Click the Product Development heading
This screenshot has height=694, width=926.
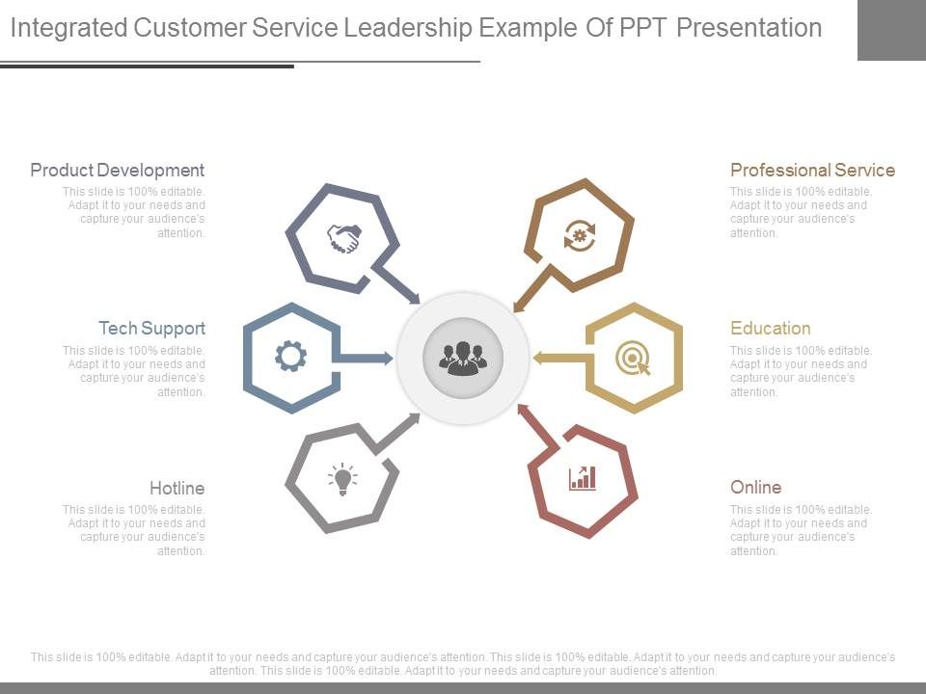coord(117,171)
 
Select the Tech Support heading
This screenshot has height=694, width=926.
coord(151,329)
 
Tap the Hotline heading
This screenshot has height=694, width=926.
coord(177,488)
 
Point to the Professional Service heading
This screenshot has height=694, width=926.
coord(812,171)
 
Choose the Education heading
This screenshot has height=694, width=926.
coord(770,329)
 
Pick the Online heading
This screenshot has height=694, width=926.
coord(755,488)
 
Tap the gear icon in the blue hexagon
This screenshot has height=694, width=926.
coord(290,357)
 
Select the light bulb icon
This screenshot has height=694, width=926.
coord(342,477)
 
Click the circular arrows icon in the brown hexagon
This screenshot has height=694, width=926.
coord(579,235)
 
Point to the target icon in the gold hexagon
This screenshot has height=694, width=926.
coord(633,359)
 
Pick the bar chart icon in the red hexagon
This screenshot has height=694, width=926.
coord(582,477)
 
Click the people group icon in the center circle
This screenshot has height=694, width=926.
coord(463,358)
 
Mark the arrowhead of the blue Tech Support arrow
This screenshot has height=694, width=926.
coord(389,358)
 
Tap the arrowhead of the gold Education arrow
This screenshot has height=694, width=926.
coord(537,358)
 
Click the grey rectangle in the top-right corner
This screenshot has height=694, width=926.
coord(891,30)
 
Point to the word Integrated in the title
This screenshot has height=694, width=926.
coord(68,28)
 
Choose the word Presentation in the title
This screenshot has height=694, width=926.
coord(749,28)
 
